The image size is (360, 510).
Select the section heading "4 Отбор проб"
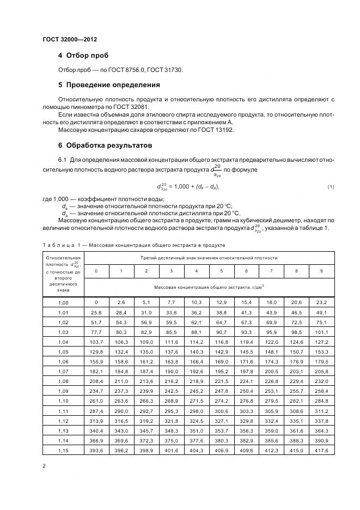tap(83, 56)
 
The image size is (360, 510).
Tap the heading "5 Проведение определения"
tap(109, 85)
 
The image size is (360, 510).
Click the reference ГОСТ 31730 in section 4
tap(168, 70)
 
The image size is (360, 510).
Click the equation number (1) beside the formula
tap(330, 187)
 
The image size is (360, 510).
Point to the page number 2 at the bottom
tap(44, 466)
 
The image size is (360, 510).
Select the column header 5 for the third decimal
tap(221, 271)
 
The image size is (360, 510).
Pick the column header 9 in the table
tap(321, 271)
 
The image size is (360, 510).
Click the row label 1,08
tap(64, 381)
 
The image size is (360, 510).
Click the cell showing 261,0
tap(96, 400)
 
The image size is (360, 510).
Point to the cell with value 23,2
tap(321, 302)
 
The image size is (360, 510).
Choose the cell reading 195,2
tap(221, 371)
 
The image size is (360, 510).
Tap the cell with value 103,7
tap(96, 342)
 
